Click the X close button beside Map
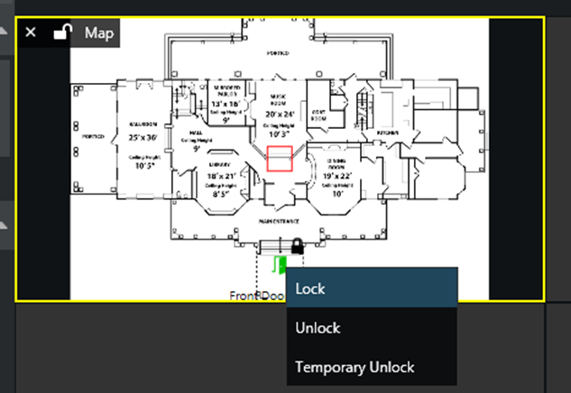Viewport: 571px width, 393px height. click(x=31, y=32)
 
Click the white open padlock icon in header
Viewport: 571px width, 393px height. click(x=61, y=32)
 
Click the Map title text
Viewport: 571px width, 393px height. click(x=99, y=33)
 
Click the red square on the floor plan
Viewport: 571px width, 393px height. click(x=279, y=158)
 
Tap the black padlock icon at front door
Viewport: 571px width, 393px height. click(x=296, y=245)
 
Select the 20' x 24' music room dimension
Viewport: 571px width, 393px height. click(x=280, y=114)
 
